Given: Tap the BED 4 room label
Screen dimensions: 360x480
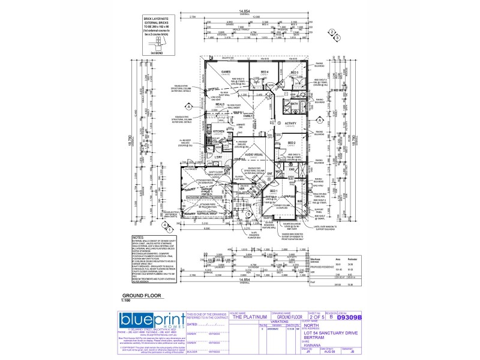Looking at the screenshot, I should click(x=265, y=72).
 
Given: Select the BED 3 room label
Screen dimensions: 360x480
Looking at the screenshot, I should click(x=294, y=73).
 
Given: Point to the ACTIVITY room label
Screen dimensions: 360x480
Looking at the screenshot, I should click(x=291, y=123).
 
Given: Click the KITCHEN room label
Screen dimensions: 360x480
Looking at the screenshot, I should click(x=218, y=131).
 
